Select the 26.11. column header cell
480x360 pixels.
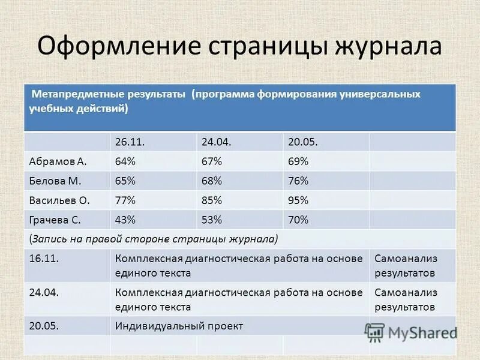click(x=130, y=142)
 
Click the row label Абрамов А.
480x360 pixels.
click(x=58, y=161)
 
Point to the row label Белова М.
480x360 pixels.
click(x=55, y=181)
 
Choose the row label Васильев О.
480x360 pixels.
click(x=59, y=200)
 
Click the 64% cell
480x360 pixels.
click(x=125, y=161)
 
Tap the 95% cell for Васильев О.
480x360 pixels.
click(x=298, y=200)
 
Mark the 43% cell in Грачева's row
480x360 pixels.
click(x=125, y=220)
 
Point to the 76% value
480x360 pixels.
click(x=298, y=181)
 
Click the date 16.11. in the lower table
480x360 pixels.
click(x=43, y=259)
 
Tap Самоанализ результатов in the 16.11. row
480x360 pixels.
click(x=406, y=265)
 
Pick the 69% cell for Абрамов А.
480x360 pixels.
click(x=298, y=161)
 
